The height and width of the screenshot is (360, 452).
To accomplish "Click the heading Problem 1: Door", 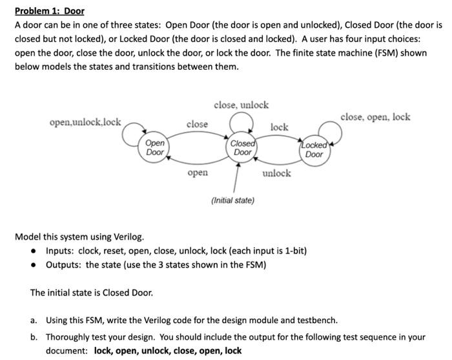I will (x=50, y=12).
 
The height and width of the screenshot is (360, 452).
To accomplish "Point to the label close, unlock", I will (x=241, y=105).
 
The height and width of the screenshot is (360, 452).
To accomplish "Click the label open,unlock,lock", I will (x=85, y=122).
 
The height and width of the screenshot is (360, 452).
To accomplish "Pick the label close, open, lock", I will (x=375, y=117).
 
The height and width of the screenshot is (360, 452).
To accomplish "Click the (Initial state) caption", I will (x=232, y=200).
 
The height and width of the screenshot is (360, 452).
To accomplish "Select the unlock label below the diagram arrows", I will (x=277, y=173).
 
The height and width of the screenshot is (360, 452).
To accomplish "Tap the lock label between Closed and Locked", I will (x=280, y=127).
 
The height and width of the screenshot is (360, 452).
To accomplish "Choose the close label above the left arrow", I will (x=197, y=123).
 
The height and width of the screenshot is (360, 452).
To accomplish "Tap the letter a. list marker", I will (x=34, y=320).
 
